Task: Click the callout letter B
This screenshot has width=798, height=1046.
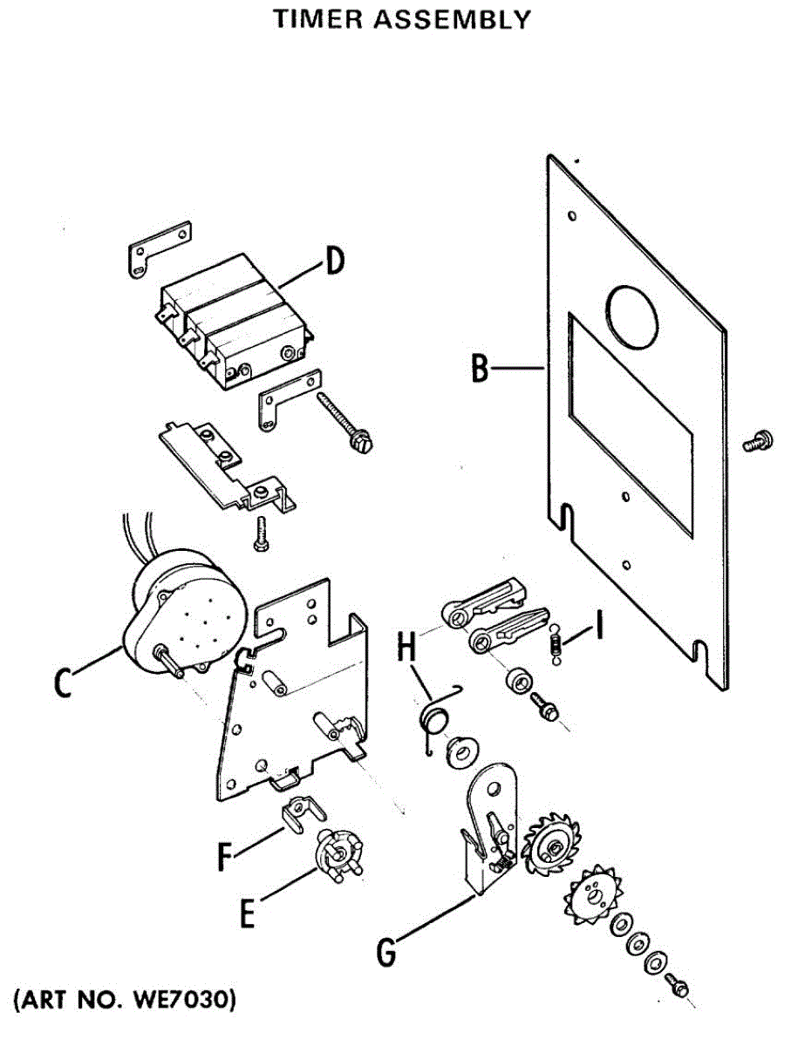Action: click(x=479, y=368)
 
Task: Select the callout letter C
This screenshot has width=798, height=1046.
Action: click(x=61, y=683)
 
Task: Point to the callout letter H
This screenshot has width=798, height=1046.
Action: click(x=406, y=649)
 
